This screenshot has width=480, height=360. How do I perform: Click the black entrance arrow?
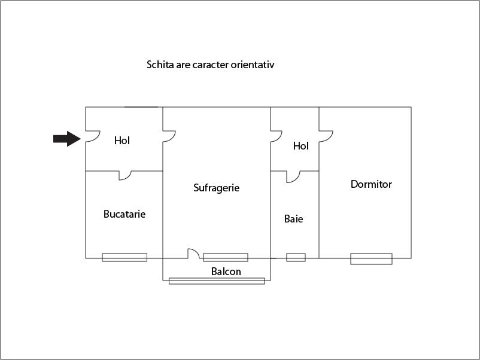tap(67, 139)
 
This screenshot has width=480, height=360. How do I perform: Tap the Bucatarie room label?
tap(124, 214)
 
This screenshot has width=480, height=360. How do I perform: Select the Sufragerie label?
tap(217, 188)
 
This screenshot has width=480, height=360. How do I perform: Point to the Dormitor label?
tap(371, 184)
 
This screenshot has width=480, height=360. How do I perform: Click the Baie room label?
tap(294, 219)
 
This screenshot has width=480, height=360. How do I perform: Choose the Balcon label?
tap(226, 271)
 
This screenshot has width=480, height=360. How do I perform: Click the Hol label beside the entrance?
tap(122, 141)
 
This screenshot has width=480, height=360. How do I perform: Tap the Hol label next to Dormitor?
tap(300, 146)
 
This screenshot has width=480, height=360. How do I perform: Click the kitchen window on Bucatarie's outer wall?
tap(124, 258)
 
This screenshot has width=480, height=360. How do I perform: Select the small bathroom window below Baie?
tap(296, 258)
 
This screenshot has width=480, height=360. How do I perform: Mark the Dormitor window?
tap(371, 259)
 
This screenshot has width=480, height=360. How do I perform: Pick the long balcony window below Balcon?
tap(217, 281)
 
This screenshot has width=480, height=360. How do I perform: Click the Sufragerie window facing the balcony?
tap(226, 258)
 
